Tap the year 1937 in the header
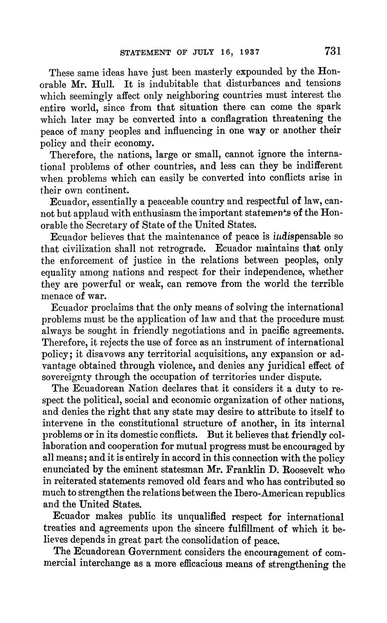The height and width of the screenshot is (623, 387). pos(248,52)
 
